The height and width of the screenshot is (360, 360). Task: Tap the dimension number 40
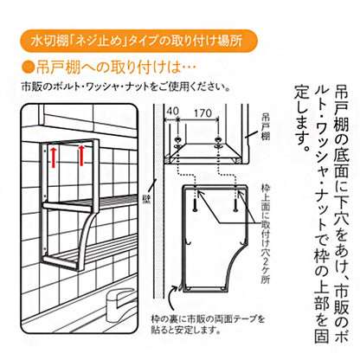173,112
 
